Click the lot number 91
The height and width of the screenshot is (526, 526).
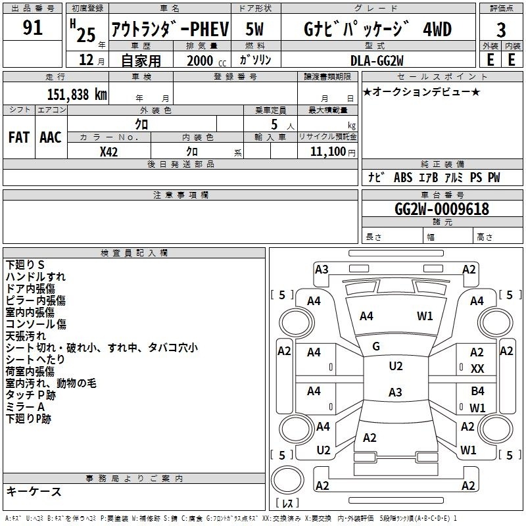(x=32, y=28)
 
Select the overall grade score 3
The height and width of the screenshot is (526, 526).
(x=501, y=30)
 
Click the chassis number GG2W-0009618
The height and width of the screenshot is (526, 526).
(x=442, y=209)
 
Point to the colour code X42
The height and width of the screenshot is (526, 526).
(x=109, y=152)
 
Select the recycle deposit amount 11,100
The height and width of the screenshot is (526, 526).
(x=329, y=152)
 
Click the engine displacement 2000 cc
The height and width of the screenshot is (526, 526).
(x=203, y=60)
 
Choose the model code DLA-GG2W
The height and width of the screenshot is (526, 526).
(x=377, y=60)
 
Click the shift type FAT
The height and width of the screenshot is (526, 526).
(x=18, y=137)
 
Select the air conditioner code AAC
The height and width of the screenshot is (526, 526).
(x=50, y=137)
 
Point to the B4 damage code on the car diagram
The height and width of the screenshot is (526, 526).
(x=477, y=391)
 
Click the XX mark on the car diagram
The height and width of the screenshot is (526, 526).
(x=478, y=370)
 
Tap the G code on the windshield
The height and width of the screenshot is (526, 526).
(x=376, y=347)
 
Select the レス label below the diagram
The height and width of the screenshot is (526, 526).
(x=287, y=503)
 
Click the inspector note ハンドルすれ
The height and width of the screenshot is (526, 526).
(x=36, y=277)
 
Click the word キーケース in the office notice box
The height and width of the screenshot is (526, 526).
(x=34, y=491)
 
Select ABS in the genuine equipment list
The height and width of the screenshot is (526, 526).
(x=402, y=178)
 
